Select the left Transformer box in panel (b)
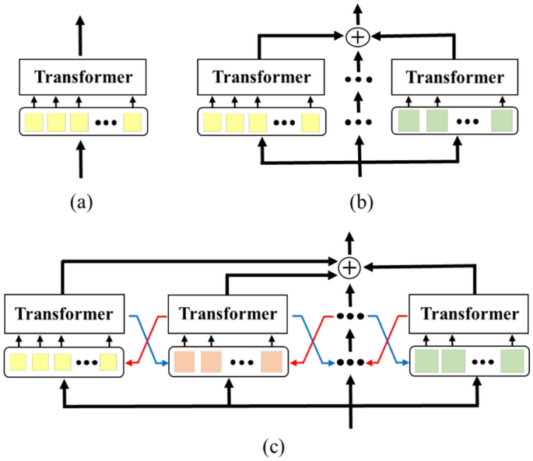pos(261,78)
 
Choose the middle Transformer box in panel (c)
pos(228,315)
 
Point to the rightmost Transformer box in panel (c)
pos(469,315)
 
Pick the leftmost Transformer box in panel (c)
pos(65,315)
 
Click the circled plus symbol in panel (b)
pos(358,36)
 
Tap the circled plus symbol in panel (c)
pos(350,267)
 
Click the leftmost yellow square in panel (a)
pos(34,122)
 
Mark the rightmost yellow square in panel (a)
pos(133,122)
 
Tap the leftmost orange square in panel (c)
pos(184,361)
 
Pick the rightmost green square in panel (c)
pos(511,361)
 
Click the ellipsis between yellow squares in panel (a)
pos(104,123)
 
